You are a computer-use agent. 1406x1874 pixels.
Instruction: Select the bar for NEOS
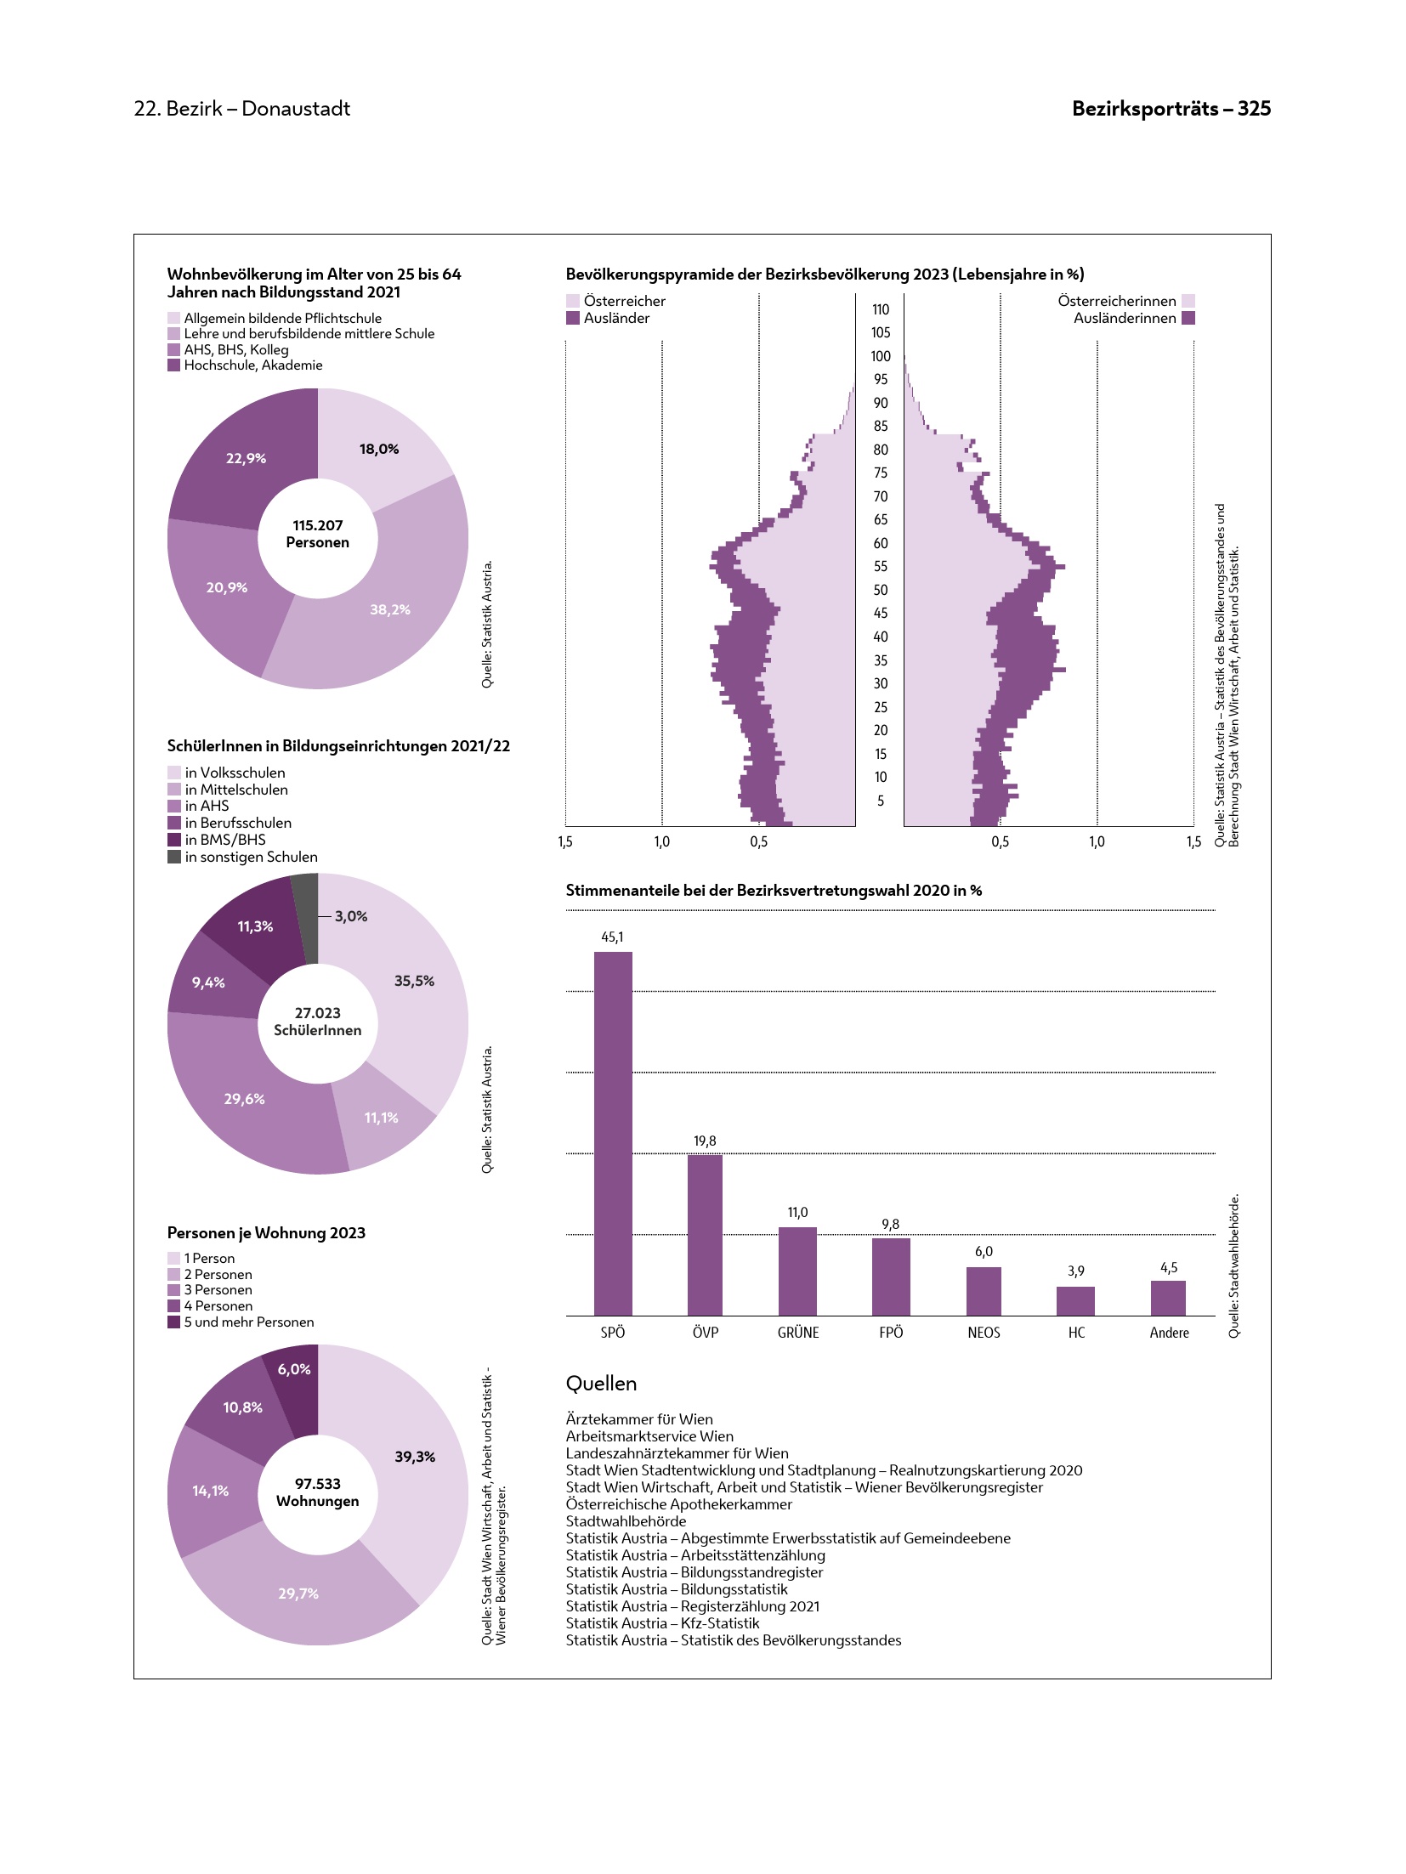point(984,1291)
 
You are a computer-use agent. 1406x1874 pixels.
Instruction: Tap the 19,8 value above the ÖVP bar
point(705,1141)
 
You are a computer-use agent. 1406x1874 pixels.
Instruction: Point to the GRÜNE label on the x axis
point(798,1333)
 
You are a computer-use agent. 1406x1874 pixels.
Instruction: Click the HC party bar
point(1075,1301)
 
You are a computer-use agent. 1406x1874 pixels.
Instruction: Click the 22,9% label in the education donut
point(246,458)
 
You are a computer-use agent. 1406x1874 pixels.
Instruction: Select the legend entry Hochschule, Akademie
point(252,365)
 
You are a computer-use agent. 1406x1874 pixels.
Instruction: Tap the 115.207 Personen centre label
point(318,534)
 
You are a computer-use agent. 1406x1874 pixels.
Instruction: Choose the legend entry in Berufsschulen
point(238,823)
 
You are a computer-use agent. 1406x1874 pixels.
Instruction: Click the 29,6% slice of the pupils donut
point(244,1099)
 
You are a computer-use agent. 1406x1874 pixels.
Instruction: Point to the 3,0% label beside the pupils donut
point(351,916)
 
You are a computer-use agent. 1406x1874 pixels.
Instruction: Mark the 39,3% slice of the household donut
point(415,1457)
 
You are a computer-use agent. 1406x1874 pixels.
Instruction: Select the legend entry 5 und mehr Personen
point(248,1322)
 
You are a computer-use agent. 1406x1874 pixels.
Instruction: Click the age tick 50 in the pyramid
point(881,590)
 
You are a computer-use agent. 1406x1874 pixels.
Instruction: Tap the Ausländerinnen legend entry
point(1125,318)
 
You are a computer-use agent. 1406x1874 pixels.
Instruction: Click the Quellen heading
point(601,1384)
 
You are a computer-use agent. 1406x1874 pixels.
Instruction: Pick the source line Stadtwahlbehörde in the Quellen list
point(626,1521)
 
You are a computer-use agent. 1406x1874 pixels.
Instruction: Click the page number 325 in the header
point(1254,109)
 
